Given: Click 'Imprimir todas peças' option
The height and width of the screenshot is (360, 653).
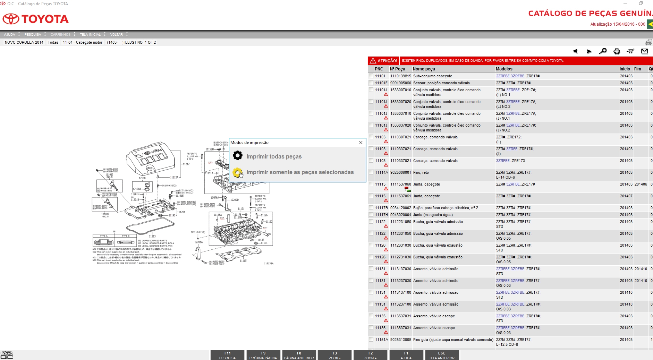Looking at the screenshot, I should point(274,156).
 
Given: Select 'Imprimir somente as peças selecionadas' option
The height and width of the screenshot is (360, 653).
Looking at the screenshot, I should point(300,172).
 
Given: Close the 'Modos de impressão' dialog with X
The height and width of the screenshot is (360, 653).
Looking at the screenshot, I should point(361,143).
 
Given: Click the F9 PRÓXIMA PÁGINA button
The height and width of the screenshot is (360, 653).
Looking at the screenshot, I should point(263,355).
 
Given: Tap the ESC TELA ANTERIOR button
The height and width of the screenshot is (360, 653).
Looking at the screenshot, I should point(441,355).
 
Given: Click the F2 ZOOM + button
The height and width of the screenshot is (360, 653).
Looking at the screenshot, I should point(370,355).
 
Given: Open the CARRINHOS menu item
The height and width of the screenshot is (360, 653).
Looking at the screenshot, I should point(60,34).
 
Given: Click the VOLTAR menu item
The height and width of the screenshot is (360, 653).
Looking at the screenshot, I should point(116,34).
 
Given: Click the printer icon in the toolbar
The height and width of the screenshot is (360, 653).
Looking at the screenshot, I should point(617,51).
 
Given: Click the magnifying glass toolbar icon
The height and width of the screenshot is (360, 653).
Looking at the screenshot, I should point(603,51).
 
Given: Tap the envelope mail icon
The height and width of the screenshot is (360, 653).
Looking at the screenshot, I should point(644,51).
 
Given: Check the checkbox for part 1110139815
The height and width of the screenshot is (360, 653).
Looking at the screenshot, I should point(371,76).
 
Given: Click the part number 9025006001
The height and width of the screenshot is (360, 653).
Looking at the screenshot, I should point(400,172).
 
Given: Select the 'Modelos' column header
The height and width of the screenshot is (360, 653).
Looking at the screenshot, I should point(504,69).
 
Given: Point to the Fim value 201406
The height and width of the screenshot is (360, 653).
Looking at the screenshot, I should point(641,184).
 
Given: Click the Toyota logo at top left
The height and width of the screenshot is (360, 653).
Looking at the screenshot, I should point(36,19).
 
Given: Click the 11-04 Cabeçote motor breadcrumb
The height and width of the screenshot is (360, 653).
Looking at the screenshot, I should point(83,42).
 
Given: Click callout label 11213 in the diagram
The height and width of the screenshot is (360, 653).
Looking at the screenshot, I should point(152,236).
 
